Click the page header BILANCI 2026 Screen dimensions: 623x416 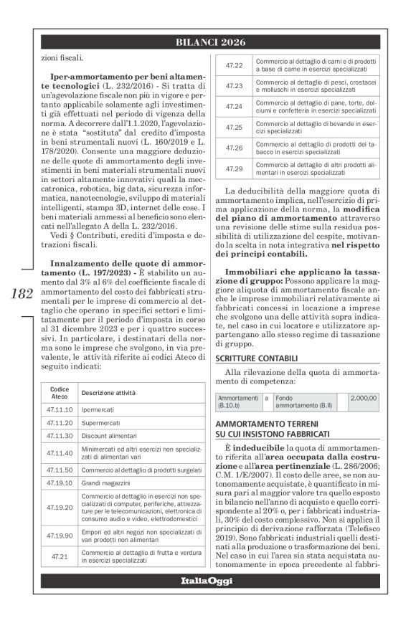pos(208,42)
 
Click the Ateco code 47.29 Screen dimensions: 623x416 pos(235,169)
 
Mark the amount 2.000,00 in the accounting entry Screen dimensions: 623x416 pos(362,396)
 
